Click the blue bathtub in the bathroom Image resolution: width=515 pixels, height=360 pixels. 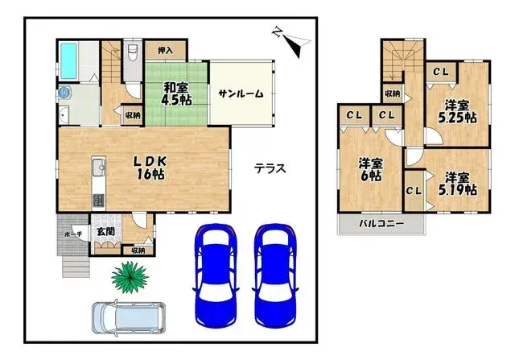click(68, 59)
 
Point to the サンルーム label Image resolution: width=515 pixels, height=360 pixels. click(241, 93)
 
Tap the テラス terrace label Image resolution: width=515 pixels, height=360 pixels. click(270, 168)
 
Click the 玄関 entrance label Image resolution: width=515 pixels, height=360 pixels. click(105, 233)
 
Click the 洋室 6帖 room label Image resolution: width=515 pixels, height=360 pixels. click(370, 170)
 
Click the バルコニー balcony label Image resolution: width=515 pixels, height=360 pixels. click(381, 223)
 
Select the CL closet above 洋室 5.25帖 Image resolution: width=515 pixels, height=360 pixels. click(440, 72)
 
